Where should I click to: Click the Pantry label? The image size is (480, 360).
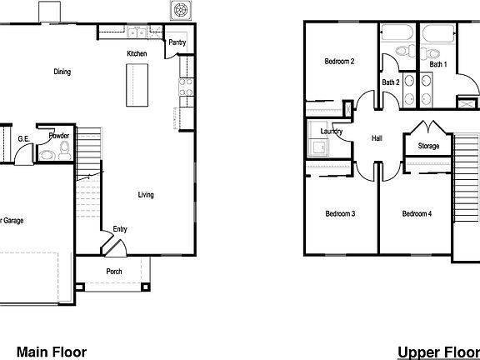click(x=177, y=42)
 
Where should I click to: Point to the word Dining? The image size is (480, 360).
click(x=62, y=72)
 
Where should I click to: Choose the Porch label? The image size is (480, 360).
click(x=114, y=272)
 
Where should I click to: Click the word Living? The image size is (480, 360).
click(x=146, y=195)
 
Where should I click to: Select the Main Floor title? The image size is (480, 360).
click(x=52, y=352)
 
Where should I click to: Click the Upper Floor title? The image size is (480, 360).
click(x=438, y=352)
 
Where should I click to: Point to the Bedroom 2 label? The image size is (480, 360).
click(x=339, y=62)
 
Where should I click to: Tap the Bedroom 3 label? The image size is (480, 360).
click(x=340, y=214)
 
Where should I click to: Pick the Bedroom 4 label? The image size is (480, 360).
click(x=417, y=214)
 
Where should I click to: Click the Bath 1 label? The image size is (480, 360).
click(x=438, y=64)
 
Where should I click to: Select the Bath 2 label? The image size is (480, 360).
click(x=392, y=82)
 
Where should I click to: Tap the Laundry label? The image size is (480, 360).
click(x=320, y=131)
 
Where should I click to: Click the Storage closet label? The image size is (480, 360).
click(x=428, y=147)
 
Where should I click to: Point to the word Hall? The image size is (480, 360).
click(x=376, y=138)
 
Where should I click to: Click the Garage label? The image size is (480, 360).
click(x=12, y=221)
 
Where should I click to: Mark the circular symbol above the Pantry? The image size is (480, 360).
click(x=178, y=11)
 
